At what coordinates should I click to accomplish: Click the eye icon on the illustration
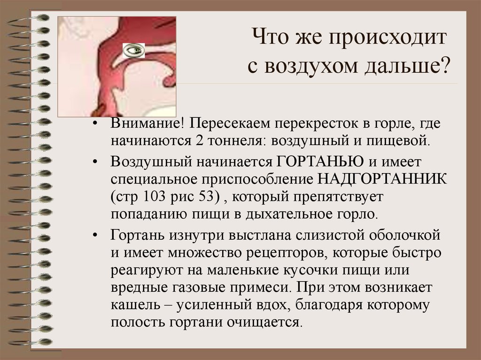click(x=134, y=49)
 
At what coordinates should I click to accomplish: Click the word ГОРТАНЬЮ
click(x=318, y=162)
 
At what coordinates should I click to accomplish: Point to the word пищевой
click(x=405, y=140)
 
